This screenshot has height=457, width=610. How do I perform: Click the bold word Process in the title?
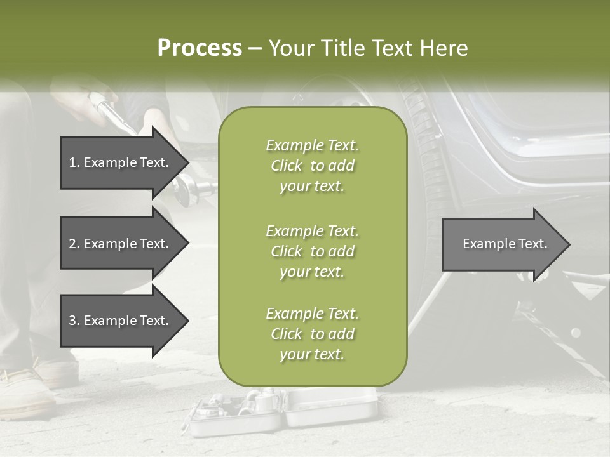coord(200,48)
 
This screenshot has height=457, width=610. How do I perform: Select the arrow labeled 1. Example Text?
coord(119,162)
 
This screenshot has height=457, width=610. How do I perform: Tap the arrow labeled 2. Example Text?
coord(119,244)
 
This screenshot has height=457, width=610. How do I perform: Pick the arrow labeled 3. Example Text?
coord(119,321)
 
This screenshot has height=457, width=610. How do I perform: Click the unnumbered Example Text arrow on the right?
coord(505,244)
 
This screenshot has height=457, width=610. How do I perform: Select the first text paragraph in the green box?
coord(312,166)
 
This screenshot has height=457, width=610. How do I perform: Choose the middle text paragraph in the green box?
coord(312,251)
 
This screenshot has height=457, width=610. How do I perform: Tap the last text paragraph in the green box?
coord(312,334)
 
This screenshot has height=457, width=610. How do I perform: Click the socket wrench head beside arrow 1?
coord(191,189)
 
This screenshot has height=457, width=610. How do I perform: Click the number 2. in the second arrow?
coord(74,244)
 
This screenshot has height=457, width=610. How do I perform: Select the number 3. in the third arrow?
coord(74,321)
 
